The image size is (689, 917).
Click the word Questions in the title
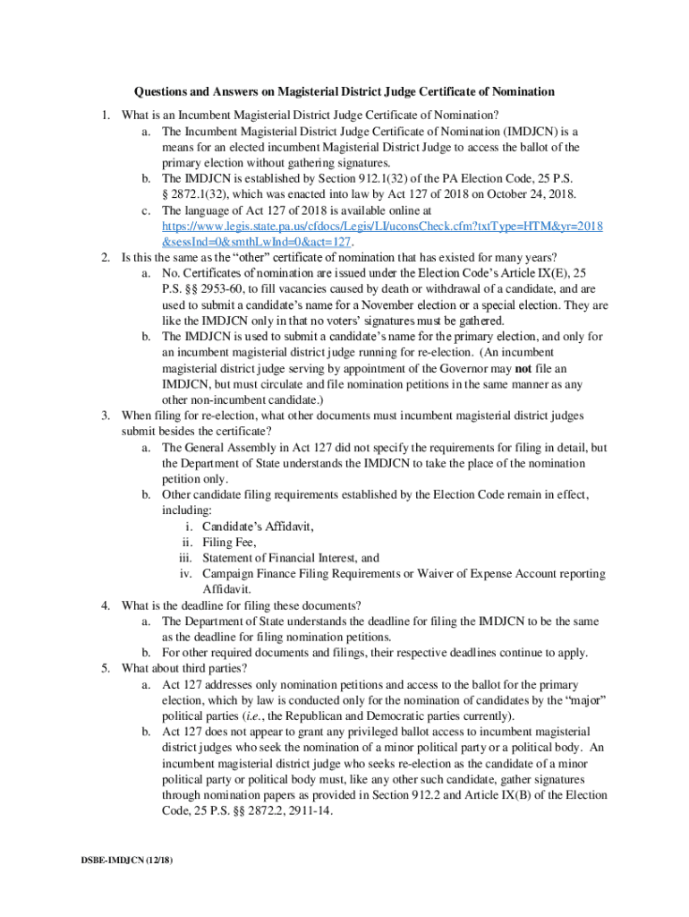point(162,91)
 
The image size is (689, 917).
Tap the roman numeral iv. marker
point(186,574)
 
